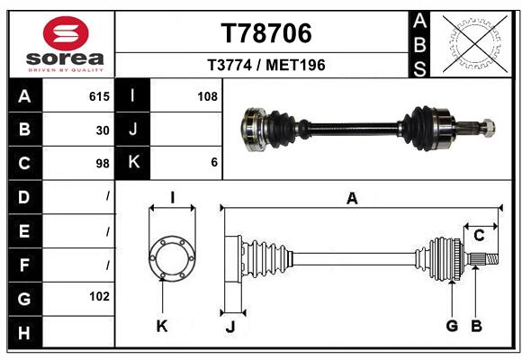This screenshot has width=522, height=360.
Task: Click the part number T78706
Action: (266, 34)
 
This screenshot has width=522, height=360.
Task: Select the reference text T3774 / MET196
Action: (266, 65)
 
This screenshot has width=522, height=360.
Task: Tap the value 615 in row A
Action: (98, 95)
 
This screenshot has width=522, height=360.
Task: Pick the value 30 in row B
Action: (103, 130)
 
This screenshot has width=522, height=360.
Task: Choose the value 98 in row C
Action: (102, 163)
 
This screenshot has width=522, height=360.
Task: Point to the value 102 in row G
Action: (99, 296)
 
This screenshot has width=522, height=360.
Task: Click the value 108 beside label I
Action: (207, 95)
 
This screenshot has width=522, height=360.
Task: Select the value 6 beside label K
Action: (213, 163)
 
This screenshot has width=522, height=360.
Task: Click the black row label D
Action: (24, 196)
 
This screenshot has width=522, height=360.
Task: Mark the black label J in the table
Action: (133, 130)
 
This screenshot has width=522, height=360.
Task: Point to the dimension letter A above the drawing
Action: (353, 199)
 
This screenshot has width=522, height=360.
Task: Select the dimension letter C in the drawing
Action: (479, 236)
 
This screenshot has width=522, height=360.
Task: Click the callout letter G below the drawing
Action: (452, 326)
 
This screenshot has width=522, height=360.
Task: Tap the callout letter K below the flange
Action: (162, 326)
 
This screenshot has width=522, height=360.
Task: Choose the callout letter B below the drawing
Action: (477, 326)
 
